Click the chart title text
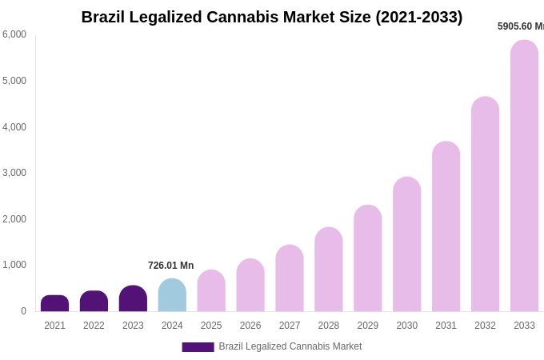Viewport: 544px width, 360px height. (x=272, y=17)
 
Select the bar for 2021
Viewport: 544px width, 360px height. (x=54, y=304)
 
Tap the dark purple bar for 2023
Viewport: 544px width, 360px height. (x=133, y=299)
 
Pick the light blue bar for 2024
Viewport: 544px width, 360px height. (x=172, y=296)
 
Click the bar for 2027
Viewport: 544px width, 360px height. (x=290, y=279)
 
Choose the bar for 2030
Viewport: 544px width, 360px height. (x=406, y=245)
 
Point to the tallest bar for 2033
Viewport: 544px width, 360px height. (x=524, y=176)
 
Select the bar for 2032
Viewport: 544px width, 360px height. (x=485, y=205)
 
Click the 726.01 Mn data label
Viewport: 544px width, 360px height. (x=170, y=266)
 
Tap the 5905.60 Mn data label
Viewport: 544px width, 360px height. (x=520, y=26)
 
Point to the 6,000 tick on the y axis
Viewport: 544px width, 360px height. (x=14, y=34)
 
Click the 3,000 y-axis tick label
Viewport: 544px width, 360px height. (x=14, y=173)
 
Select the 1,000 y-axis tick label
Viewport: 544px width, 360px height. (x=14, y=265)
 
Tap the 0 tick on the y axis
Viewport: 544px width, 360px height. (x=23, y=311)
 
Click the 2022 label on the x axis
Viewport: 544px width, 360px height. (x=94, y=326)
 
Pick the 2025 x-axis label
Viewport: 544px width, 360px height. (x=211, y=326)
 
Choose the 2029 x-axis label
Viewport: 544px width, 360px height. (x=368, y=326)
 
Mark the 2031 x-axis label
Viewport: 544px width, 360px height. (x=446, y=326)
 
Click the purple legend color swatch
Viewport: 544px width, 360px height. (x=198, y=347)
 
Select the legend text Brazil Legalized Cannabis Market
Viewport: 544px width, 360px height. (x=290, y=346)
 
